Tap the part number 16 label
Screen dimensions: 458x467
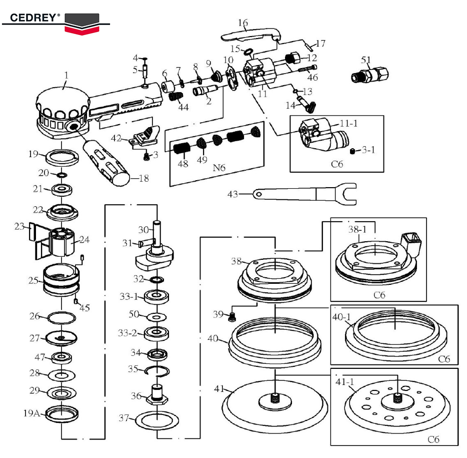point(243,23)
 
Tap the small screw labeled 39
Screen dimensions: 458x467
point(231,316)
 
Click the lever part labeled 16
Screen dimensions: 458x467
point(250,35)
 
